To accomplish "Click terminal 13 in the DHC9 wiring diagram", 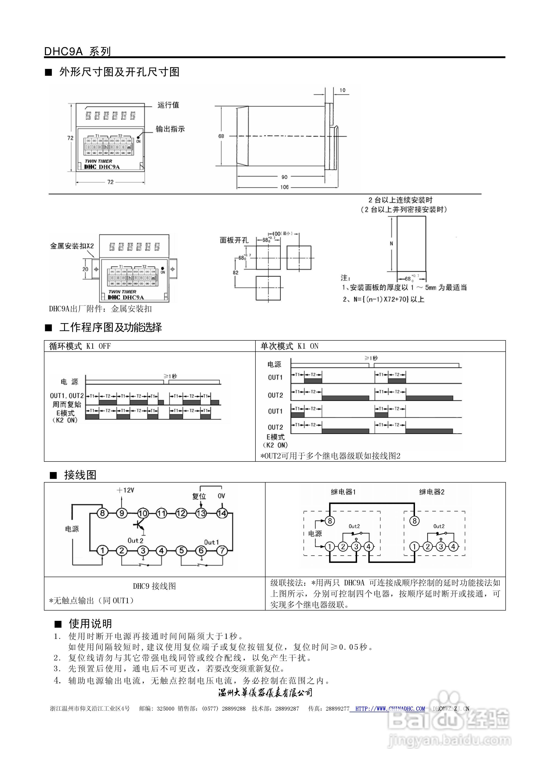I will click(201, 513).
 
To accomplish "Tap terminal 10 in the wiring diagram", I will click(143, 513).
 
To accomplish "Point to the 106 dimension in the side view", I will click(284, 187).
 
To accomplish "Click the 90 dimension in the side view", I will click(284, 177).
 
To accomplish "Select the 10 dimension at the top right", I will click(342, 90).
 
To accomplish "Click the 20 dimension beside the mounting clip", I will click(85, 269).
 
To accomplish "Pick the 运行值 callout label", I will click(168, 105).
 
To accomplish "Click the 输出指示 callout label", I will click(170, 129).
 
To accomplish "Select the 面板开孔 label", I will click(234, 240).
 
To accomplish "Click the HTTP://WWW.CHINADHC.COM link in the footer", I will click(390, 709).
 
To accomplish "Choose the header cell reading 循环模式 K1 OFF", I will click(80, 346).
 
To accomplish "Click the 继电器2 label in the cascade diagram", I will click(431, 492).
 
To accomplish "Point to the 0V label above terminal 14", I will click(221, 496).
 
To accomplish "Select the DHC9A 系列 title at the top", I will click(77, 51).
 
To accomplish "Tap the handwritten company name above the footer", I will click(265, 693).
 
